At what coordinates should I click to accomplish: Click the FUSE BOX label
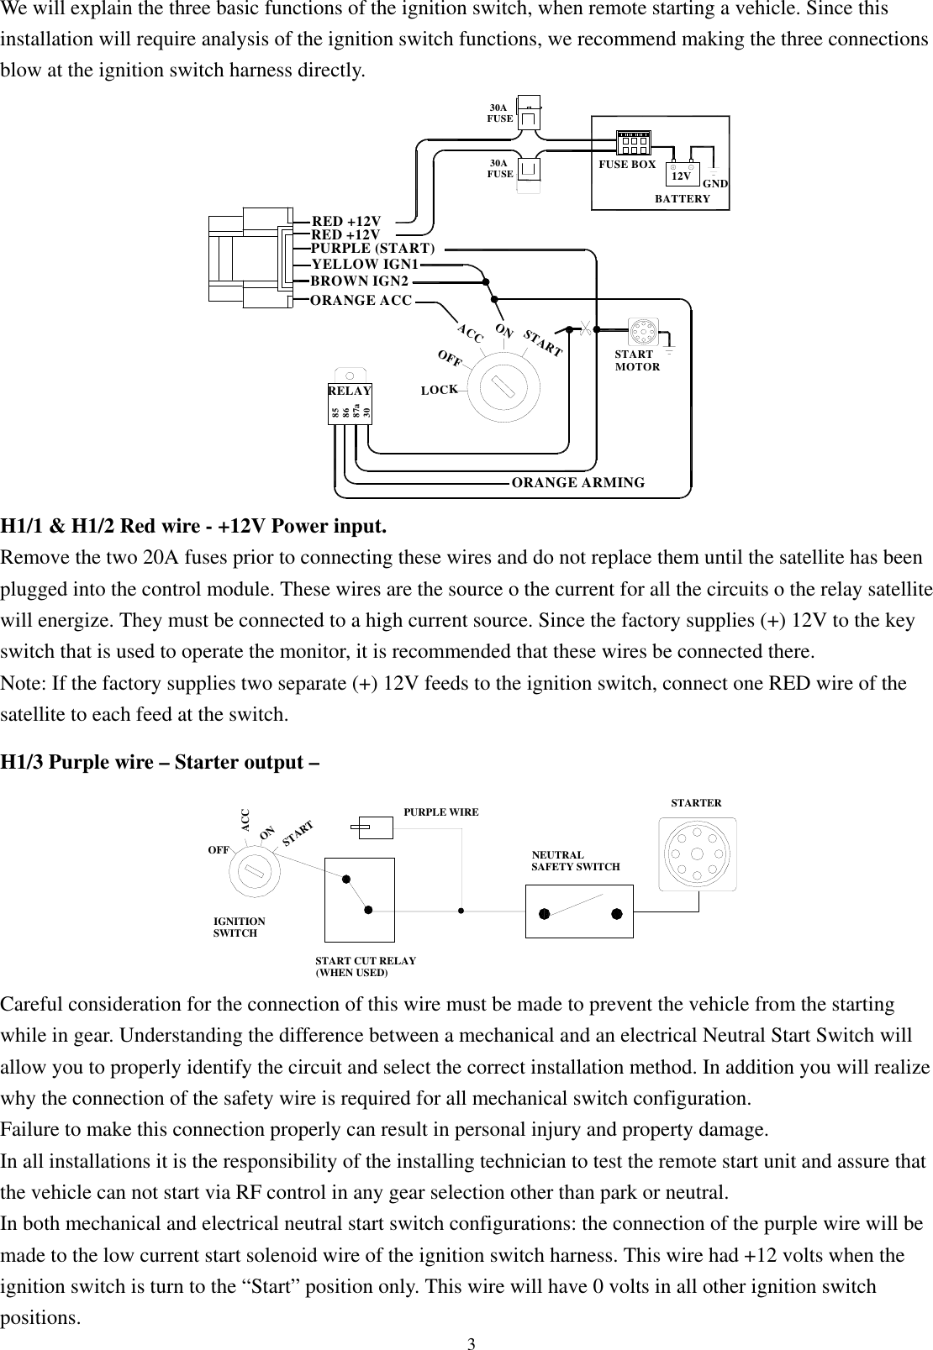(626, 165)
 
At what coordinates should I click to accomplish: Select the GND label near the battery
(714, 184)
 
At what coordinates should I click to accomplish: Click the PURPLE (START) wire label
(373, 248)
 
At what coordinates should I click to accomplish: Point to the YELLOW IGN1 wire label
(365, 264)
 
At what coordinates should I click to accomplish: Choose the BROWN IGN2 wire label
(359, 281)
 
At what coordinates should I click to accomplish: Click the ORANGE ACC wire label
(361, 300)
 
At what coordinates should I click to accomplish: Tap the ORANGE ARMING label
(578, 483)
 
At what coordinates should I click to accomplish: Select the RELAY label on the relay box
(350, 391)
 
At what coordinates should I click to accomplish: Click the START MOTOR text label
(637, 361)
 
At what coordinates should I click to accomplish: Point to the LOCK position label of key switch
(440, 391)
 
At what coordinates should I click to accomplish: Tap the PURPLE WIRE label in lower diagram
(441, 812)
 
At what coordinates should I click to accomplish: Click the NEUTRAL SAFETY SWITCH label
(576, 860)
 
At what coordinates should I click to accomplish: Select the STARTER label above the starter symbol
(696, 803)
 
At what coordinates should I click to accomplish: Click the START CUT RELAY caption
(366, 966)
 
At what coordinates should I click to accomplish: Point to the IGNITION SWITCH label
(240, 927)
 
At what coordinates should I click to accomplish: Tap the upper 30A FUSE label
(499, 113)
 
